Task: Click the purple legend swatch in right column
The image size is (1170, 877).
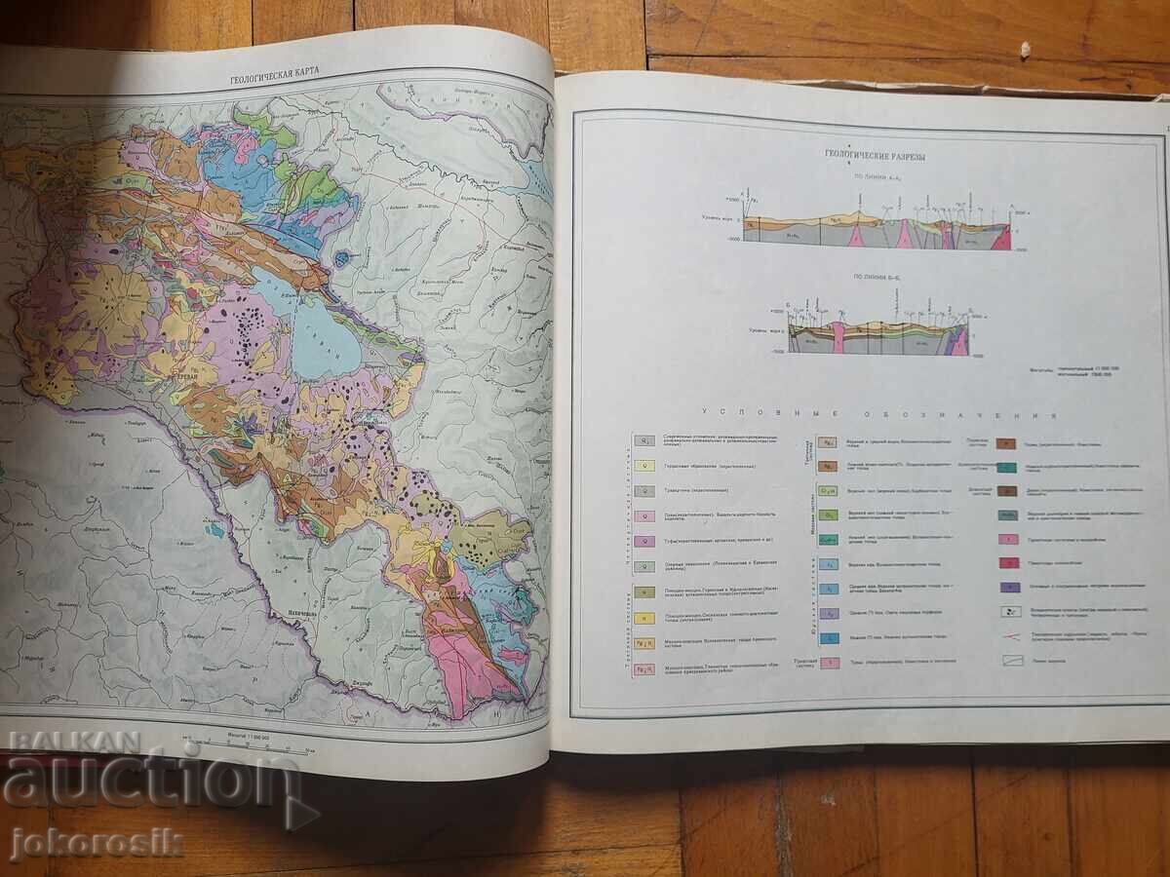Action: (x=1010, y=588)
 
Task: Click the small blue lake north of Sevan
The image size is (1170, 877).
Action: (x=340, y=259)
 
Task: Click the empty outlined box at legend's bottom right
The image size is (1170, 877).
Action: (x=1011, y=660)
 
